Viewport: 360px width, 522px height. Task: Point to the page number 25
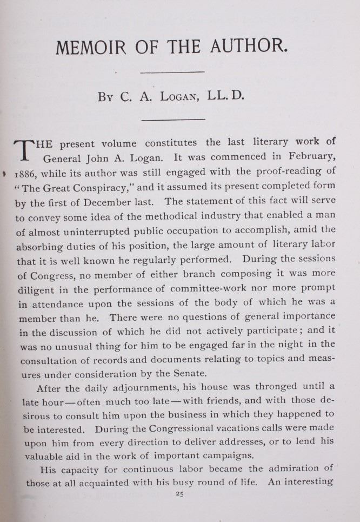point(180,493)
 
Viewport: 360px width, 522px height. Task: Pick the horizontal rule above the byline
point(172,71)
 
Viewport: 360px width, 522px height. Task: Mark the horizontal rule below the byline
point(172,118)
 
